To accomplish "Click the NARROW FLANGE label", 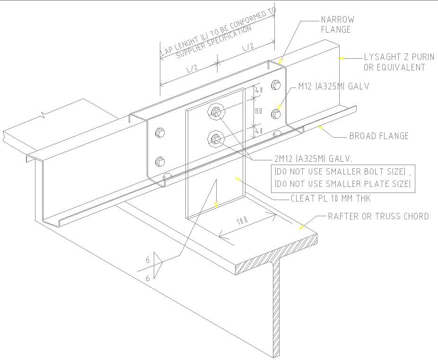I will (337, 25).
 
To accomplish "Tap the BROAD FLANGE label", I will (378, 136).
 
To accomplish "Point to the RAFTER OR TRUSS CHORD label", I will (378, 217).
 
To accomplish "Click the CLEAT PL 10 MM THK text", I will (331, 199).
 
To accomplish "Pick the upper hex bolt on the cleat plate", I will (216, 112).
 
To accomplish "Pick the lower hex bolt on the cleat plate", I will (216, 139).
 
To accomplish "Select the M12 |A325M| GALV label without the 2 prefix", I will (333, 87).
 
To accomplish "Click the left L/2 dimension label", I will (192, 69).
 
